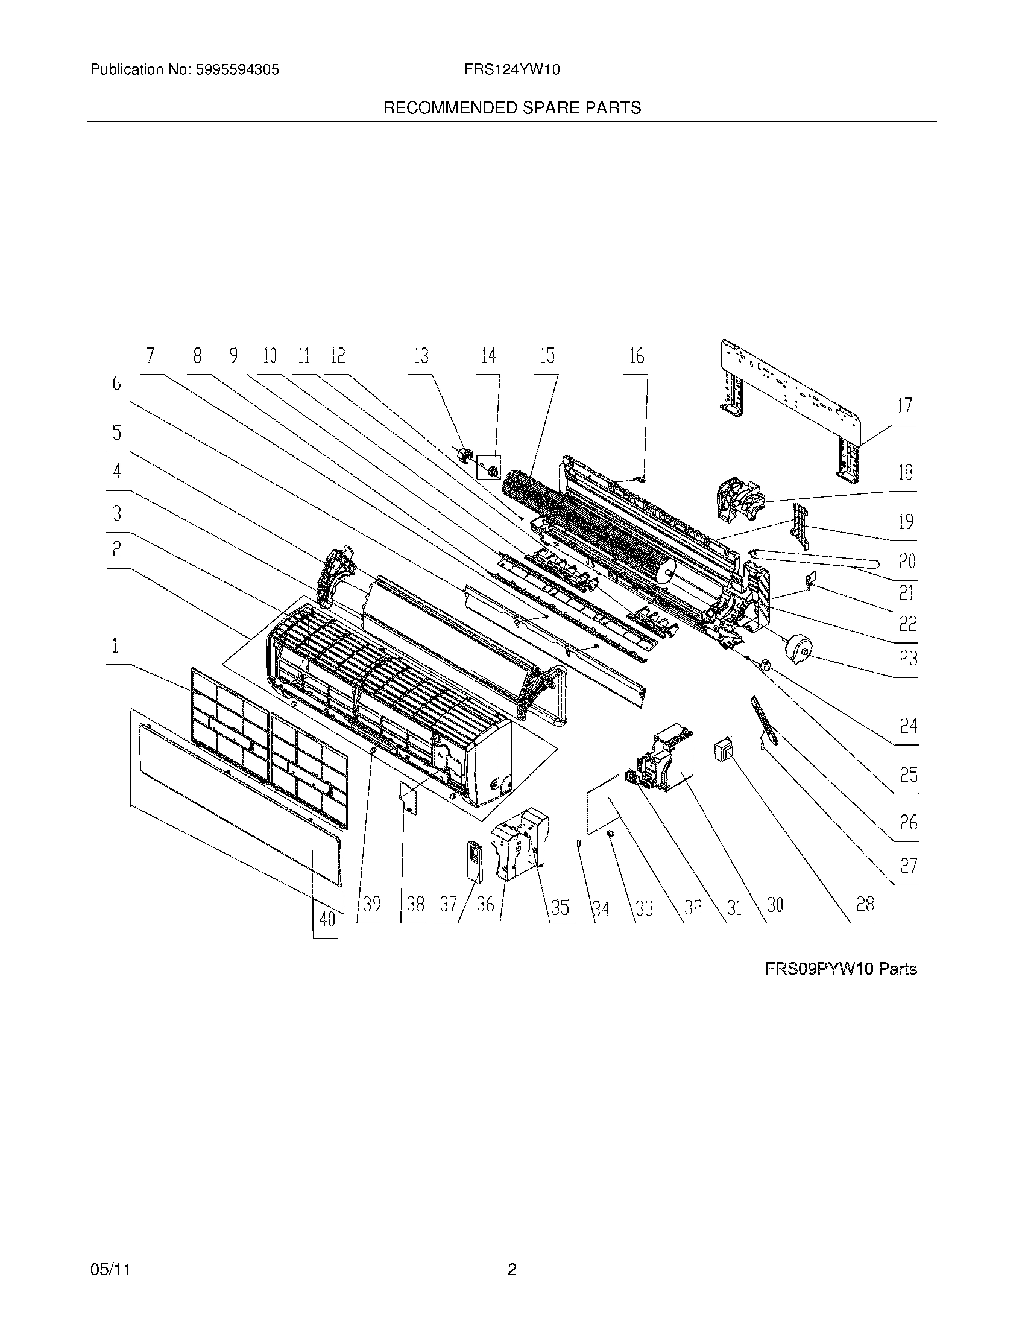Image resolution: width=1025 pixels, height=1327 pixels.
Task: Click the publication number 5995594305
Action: [236, 70]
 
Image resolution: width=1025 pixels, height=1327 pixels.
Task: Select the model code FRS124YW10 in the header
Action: [512, 70]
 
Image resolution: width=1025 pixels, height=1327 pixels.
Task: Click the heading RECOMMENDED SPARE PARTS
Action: [512, 108]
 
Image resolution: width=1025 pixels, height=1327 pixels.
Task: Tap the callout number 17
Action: [905, 406]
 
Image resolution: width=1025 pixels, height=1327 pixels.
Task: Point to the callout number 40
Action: [327, 919]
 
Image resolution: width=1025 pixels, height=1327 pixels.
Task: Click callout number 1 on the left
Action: [115, 646]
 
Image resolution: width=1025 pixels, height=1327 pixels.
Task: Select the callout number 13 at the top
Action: [421, 356]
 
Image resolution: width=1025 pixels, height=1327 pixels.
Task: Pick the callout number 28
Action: [865, 905]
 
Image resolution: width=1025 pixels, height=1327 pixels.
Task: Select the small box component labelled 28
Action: [724, 749]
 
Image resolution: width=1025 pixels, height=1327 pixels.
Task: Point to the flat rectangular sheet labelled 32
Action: [603, 805]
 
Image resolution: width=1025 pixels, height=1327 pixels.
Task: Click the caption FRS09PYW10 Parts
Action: [840, 969]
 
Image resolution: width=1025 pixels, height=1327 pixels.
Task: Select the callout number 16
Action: [635, 356]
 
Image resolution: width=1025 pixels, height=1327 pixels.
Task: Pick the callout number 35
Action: [560, 908]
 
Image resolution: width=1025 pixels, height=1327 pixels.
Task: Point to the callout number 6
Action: [116, 384]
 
